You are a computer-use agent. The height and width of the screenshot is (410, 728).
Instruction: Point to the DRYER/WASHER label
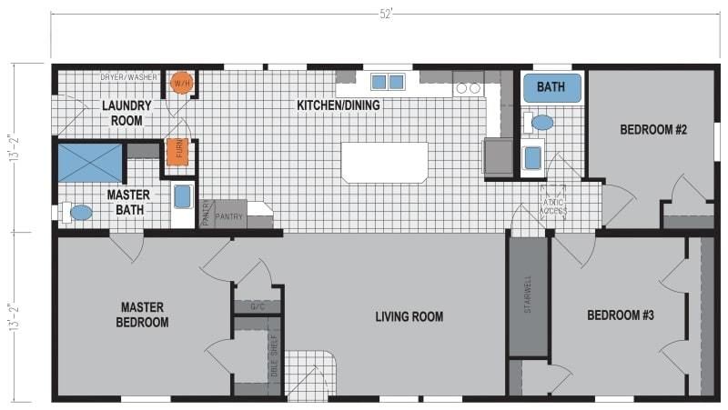[x=128, y=78]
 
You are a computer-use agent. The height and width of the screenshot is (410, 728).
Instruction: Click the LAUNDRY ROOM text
[x=126, y=113]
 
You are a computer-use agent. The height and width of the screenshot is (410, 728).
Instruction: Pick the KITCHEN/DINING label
[x=339, y=105]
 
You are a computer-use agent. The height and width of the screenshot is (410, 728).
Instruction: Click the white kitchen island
[x=384, y=162]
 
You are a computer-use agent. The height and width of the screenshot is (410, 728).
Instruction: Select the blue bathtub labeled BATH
[x=550, y=88]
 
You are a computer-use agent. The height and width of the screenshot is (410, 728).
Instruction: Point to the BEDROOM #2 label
[x=652, y=130]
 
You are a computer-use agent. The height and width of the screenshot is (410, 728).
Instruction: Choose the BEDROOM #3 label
[x=621, y=315]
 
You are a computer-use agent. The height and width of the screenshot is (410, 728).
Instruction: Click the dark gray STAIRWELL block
[x=529, y=298]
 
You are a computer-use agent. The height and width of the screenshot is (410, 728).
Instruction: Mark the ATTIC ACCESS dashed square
[x=553, y=202]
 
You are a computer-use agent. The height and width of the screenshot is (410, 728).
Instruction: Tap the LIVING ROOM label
[x=409, y=316]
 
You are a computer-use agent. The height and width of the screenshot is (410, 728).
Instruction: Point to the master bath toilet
[x=81, y=213]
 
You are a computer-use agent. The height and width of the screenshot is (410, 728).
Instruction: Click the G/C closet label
[x=258, y=307]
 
